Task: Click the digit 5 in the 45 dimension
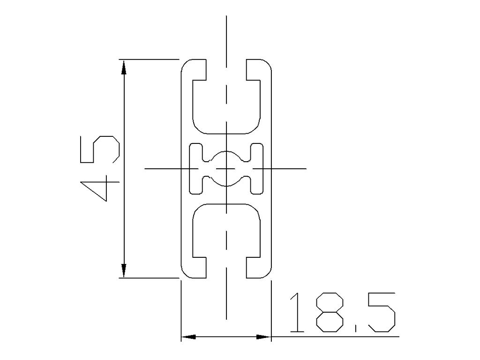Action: tap(99, 150)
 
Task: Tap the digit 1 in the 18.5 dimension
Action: tap(295, 313)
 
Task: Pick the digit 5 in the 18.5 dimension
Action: tap(380, 313)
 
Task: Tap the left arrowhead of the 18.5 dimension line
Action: tap(188, 337)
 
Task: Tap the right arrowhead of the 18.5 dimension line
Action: tap(263, 337)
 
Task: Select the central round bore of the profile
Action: tap(226, 168)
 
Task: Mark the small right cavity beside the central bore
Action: tap(257, 168)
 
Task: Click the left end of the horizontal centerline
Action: tap(146, 168)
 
